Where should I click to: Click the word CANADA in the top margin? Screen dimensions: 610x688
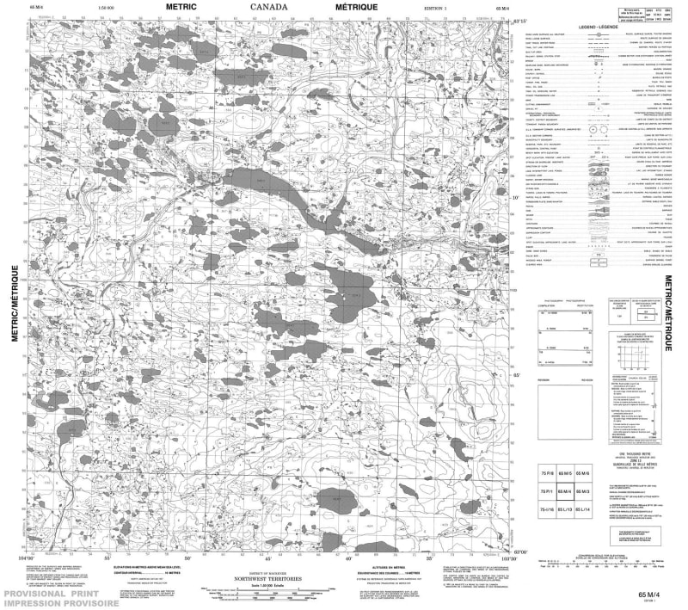pyautogui.click(x=270, y=7)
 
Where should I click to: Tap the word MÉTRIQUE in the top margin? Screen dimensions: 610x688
pyautogui.click(x=357, y=7)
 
